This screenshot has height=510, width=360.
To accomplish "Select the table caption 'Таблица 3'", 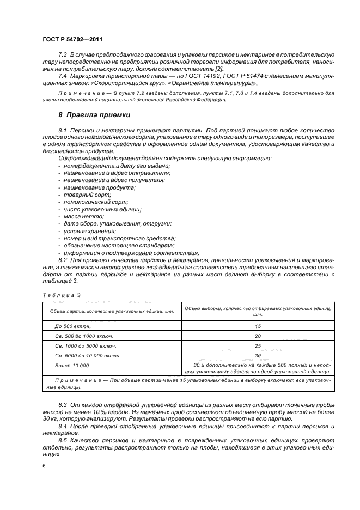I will [57, 295].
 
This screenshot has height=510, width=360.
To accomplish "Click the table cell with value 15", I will [258, 326].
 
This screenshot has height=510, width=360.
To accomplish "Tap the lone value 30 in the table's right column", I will [258, 355].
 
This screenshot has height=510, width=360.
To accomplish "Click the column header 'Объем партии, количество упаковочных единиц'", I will [111, 312].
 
